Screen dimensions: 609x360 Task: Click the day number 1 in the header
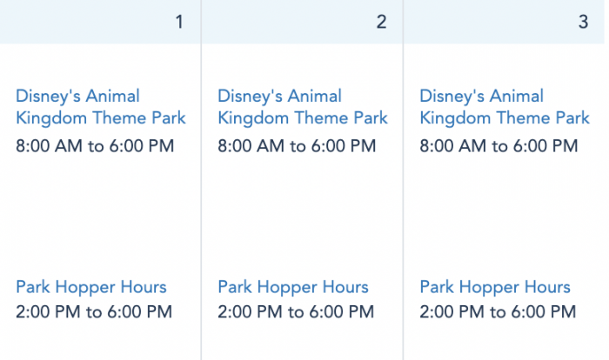click(179, 22)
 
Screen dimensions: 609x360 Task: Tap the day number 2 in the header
click(381, 22)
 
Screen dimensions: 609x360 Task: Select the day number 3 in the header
click(584, 22)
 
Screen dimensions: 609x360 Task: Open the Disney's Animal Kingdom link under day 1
click(101, 107)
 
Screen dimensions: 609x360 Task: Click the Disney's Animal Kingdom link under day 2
click(303, 107)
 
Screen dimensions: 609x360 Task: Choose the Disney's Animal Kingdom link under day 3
click(505, 107)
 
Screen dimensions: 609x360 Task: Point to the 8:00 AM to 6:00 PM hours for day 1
click(95, 146)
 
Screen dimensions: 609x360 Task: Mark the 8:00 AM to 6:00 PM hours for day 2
click(297, 146)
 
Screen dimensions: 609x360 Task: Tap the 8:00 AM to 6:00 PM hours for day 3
click(499, 146)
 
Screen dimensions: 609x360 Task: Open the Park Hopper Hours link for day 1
click(90, 288)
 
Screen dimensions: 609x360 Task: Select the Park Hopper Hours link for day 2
click(293, 288)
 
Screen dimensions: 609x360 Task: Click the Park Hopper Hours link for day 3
click(495, 288)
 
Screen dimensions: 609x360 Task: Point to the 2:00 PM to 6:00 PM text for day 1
click(94, 312)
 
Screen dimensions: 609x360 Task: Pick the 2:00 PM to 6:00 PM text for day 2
click(296, 312)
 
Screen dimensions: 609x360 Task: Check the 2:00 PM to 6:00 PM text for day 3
click(498, 312)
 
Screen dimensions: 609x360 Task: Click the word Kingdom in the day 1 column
click(51, 119)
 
